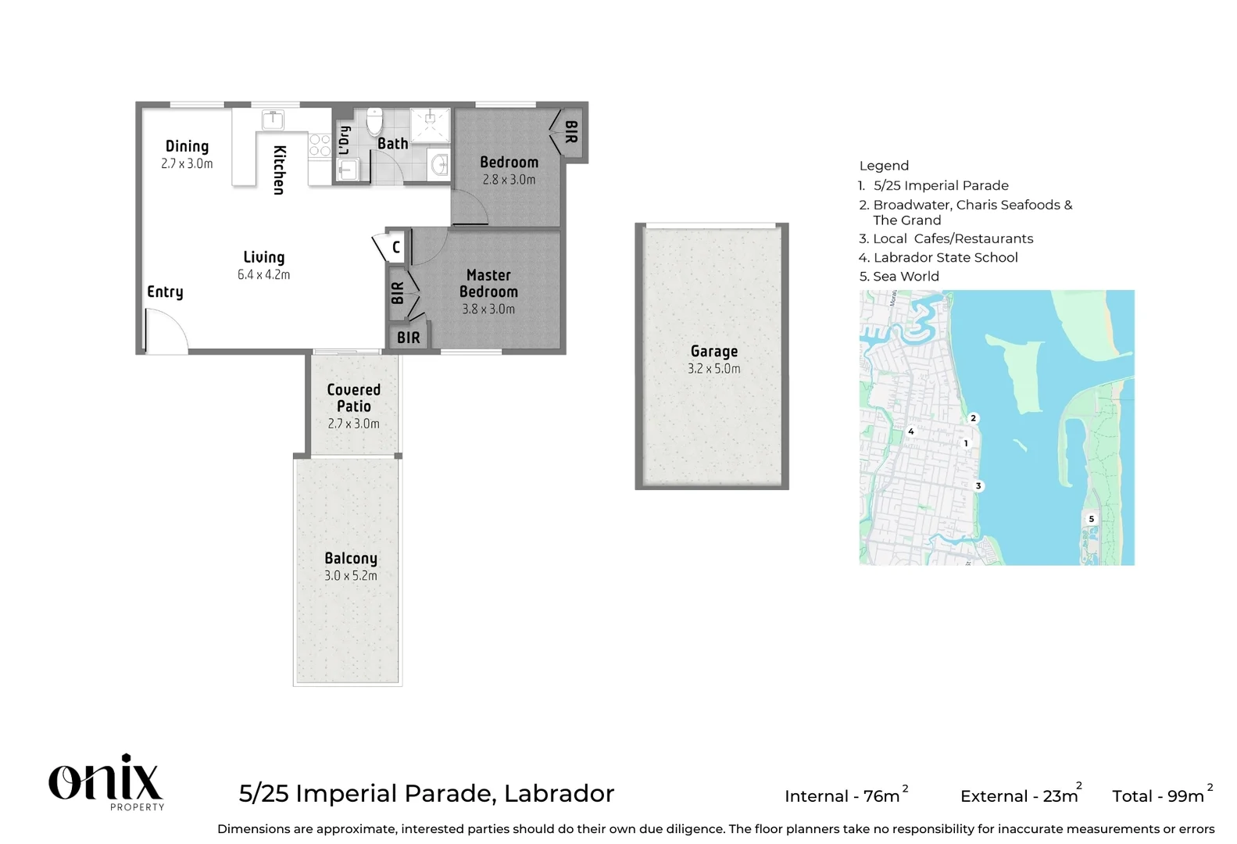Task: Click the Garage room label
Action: click(713, 352)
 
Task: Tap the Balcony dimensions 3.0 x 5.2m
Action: click(350, 576)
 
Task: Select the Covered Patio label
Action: click(353, 398)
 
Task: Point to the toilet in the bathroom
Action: click(374, 121)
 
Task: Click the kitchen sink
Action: click(272, 120)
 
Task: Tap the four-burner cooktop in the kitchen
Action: click(320, 145)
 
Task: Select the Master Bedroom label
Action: click(488, 283)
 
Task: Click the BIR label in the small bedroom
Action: click(571, 131)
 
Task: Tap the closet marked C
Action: click(395, 247)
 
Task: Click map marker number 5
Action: click(1091, 519)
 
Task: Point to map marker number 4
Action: click(910, 431)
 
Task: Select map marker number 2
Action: click(973, 418)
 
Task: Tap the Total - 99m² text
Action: click(1161, 796)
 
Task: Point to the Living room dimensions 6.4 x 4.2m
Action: click(263, 275)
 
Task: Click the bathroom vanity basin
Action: click(439, 164)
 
